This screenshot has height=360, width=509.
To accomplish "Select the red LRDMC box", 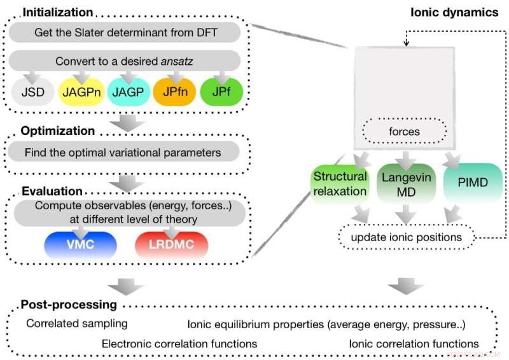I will click(x=172, y=244).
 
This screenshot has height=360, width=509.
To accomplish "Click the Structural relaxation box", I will click(x=340, y=184).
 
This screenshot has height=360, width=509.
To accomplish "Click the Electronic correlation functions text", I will click(x=179, y=343).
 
